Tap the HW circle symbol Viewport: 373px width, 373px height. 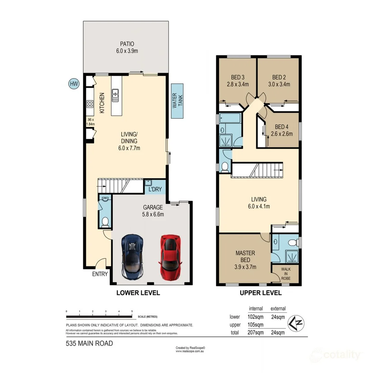click(74, 83)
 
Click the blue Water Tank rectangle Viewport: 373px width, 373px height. click(177, 101)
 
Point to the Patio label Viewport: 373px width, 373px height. click(127, 44)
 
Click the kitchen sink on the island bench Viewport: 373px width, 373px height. click(115, 95)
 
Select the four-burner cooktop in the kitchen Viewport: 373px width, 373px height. click(90, 104)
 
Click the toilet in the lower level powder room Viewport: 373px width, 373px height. click(106, 221)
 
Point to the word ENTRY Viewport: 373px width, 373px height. click(100, 274)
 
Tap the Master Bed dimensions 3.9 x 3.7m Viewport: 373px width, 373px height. click(245, 266)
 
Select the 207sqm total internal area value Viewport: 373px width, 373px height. click(256, 333)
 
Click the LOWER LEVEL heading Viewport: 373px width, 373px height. click(138, 293)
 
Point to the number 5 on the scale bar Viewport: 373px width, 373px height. click(132, 311)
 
